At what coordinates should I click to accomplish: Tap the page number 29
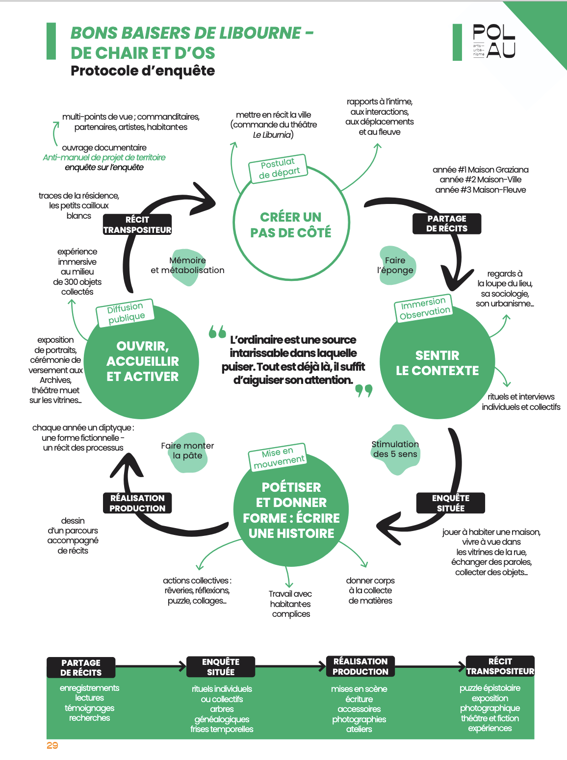pyautogui.click(x=52, y=745)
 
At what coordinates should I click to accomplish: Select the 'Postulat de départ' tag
pyautogui.click(x=278, y=168)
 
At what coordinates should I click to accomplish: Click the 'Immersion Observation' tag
pyautogui.click(x=424, y=308)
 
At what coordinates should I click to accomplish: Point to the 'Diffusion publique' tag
pyautogui.click(x=125, y=313)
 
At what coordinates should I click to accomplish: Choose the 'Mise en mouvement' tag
pyautogui.click(x=278, y=457)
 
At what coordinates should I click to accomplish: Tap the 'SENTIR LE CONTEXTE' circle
pyautogui.click(x=438, y=362)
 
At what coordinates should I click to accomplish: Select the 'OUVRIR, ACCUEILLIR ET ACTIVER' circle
pyautogui.click(x=142, y=361)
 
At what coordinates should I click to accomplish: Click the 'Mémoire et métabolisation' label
pyautogui.click(x=187, y=265)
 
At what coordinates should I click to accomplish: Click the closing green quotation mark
pyautogui.click(x=363, y=391)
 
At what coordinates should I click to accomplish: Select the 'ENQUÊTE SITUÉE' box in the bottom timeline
pyautogui.click(x=221, y=666)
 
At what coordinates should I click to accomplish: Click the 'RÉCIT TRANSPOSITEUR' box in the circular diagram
pyautogui.click(x=137, y=225)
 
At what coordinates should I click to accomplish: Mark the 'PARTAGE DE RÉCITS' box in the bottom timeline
pyautogui.click(x=81, y=667)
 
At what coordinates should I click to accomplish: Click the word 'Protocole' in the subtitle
pyautogui.click(x=104, y=71)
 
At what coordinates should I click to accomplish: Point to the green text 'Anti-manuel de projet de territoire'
pyautogui.click(x=104, y=157)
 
